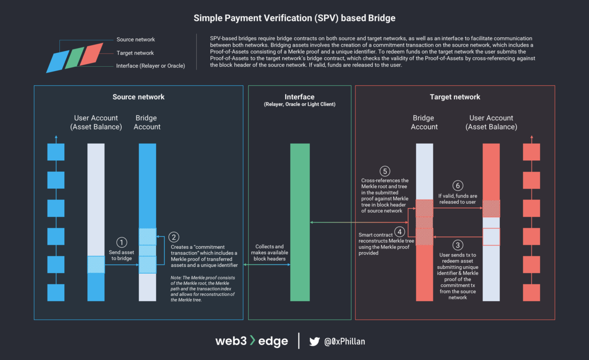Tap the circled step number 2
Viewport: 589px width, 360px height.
(x=174, y=237)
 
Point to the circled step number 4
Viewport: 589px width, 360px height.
(x=401, y=231)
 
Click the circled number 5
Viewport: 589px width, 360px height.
(x=385, y=171)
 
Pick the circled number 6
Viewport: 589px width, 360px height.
(x=457, y=185)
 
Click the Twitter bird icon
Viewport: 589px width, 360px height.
(x=315, y=341)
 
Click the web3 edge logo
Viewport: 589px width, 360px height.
(x=251, y=341)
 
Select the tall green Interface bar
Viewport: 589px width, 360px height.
(x=300, y=222)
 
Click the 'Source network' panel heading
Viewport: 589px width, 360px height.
(x=138, y=97)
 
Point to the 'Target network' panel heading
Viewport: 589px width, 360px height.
(x=455, y=97)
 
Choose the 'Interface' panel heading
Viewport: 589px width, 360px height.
(x=299, y=97)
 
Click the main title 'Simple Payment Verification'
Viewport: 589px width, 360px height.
(x=294, y=18)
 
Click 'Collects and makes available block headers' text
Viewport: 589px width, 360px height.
(x=270, y=253)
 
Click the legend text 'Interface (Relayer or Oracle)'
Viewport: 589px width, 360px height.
(x=151, y=66)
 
